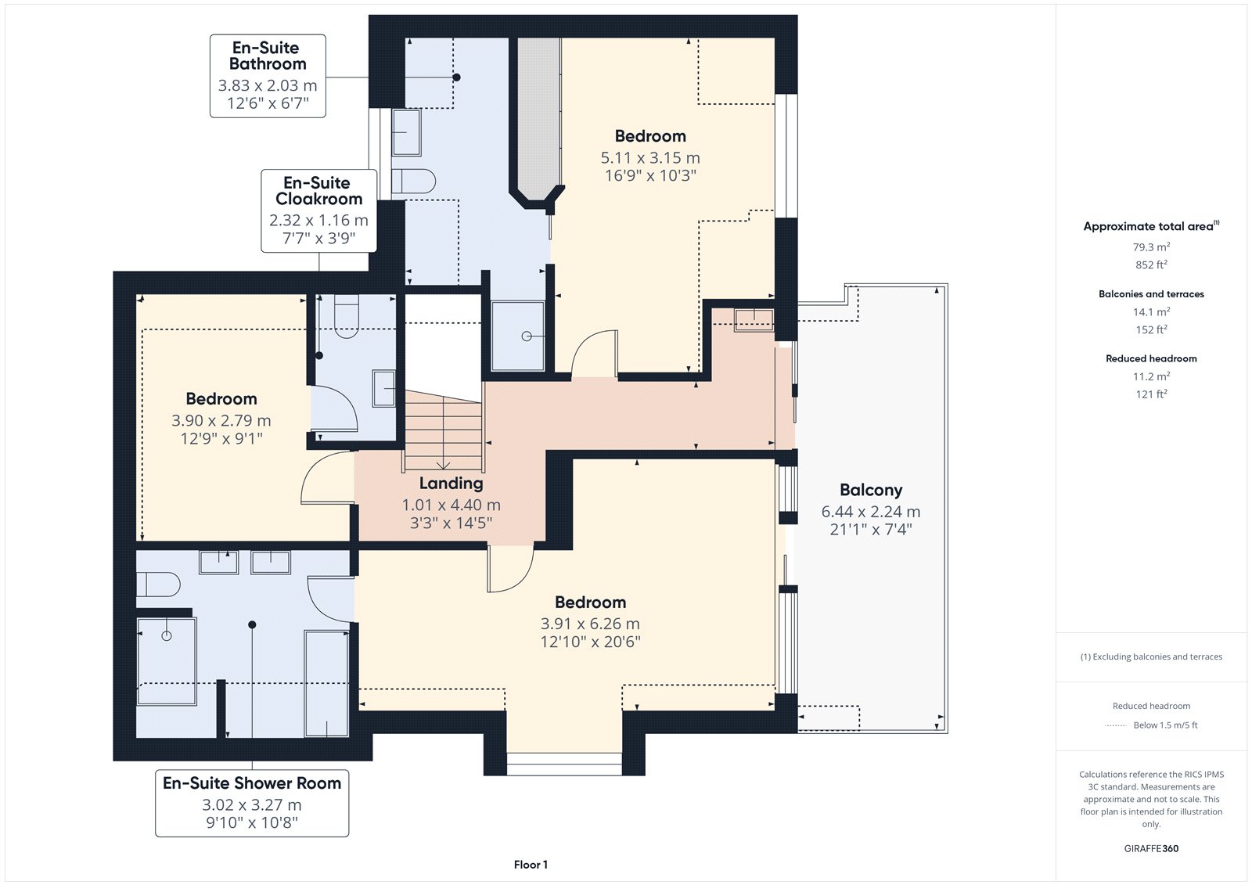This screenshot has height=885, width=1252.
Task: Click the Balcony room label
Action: click(871, 491)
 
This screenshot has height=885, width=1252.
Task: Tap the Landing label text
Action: click(451, 484)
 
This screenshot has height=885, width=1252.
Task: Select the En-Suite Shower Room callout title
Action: click(251, 783)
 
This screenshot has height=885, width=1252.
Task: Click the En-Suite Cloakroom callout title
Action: click(318, 191)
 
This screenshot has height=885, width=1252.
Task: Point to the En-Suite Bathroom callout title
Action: click(268, 56)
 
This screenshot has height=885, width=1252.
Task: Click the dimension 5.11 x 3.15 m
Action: click(650, 158)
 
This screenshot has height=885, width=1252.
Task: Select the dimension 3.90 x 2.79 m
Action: click(221, 420)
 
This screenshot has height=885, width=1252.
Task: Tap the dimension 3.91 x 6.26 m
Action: click(590, 624)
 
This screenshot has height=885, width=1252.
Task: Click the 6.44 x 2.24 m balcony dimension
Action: click(871, 512)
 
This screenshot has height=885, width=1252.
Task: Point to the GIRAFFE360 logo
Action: click(1151, 848)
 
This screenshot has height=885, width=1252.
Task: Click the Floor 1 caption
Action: click(531, 865)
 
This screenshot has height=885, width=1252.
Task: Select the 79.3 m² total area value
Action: click(1151, 246)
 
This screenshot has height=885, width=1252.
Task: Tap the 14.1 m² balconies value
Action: click(1151, 311)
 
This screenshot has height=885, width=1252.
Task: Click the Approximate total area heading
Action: click(1151, 226)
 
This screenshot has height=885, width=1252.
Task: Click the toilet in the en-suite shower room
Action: click(158, 585)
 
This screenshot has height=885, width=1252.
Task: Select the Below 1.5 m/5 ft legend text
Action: click(1165, 725)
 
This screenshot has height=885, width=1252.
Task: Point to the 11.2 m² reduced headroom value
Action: click(1151, 376)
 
